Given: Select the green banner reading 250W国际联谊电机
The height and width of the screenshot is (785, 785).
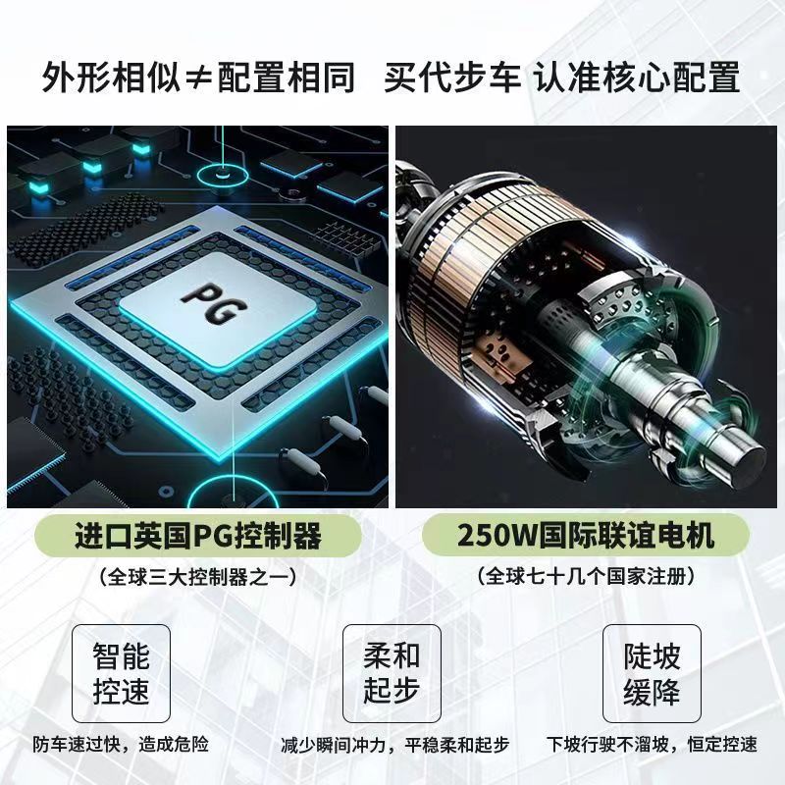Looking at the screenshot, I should (x=586, y=537).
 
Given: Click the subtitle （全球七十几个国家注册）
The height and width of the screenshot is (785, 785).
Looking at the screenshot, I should (x=586, y=577).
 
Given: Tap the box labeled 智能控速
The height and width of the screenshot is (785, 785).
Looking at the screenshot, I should (x=122, y=673).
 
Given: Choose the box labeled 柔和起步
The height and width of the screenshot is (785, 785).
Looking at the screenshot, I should (x=392, y=673).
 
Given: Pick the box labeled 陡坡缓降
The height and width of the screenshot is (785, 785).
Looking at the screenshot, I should (x=652, y=673).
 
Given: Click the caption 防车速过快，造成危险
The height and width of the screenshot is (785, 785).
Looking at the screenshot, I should (x=121, y=743).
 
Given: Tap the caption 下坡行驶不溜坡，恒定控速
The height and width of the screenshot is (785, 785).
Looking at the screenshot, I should (x=651, y=743).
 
